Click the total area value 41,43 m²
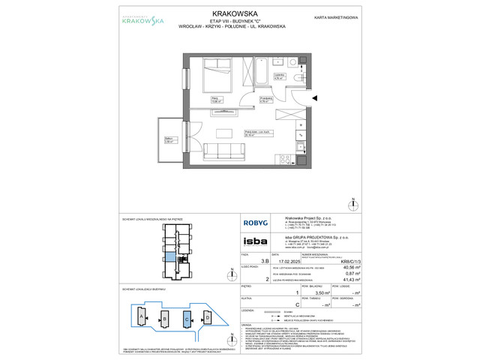[x=346, y=279]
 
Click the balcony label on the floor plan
[x=168, y=139]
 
